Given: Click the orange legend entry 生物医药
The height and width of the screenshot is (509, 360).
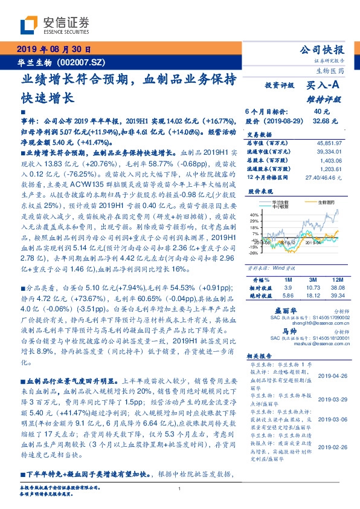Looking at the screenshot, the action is click(x=319, y=202).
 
